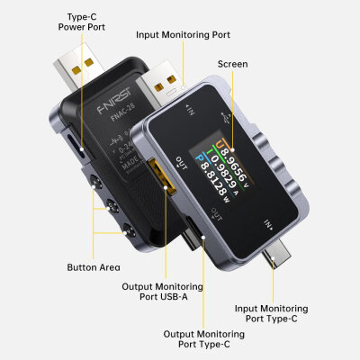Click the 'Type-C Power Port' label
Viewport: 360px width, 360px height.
click(x=84, y=21)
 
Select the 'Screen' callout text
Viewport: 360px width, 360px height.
click(x=232, y=65)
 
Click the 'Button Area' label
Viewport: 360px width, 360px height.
click(x=93, y=267)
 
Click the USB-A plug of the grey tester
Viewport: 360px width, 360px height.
click(x=164, y=85)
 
